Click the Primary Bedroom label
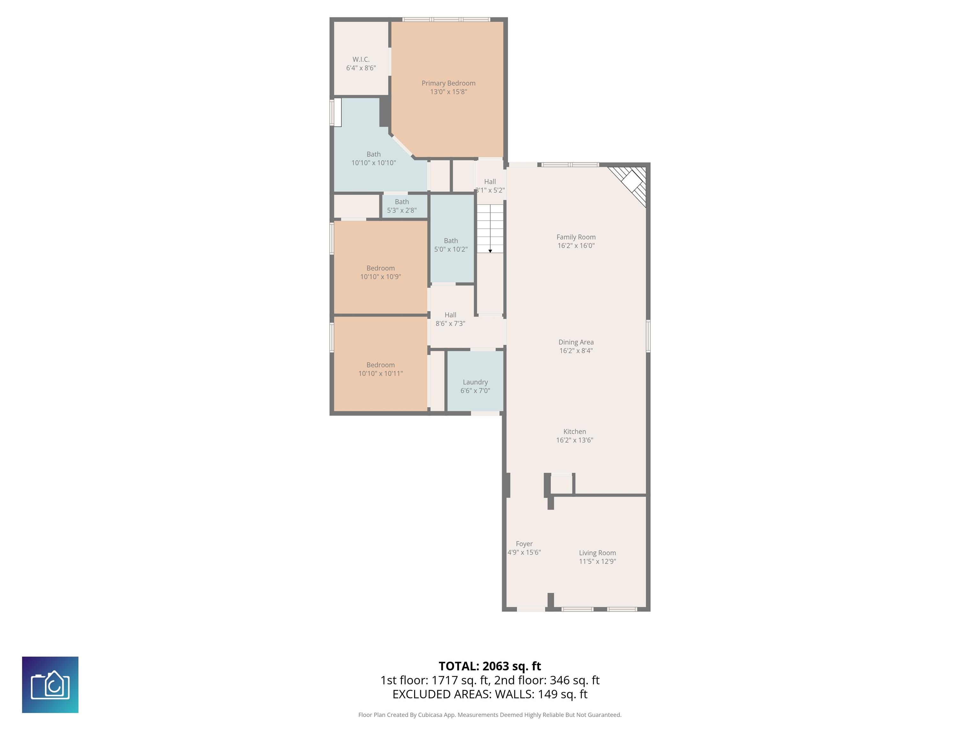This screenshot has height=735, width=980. pyautogui.click(x=448, y=83)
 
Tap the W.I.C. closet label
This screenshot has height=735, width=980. pyautogui.click(x=361, y=59)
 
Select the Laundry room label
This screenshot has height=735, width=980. pyautogui.click(x=475, y=382)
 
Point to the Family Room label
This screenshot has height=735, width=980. pyautogui.click(x=576, y=237)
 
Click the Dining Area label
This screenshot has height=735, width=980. pyautogui.click(x=576, y=342)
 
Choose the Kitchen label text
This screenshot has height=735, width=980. pyautogui.click(x=575, y=432)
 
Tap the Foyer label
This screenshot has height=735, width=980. pyautogui.click(x=524, y=544)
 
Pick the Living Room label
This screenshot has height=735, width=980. pyautogui.click(x=597, y=553)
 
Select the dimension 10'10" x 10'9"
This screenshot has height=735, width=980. pyautogui.click(x=381, y=277)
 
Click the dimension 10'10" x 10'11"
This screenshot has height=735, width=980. pyautogui.click(x=381, y=374)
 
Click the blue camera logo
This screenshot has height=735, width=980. pyautogui.click(x=50, y=685)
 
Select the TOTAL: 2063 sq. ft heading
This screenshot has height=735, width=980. pyautogui.click(x=490, y=666)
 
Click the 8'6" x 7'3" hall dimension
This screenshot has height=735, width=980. pyautogui.click(x=450, y=324)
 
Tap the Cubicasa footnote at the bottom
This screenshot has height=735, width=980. pyautogui.click(x=490, y=715)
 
